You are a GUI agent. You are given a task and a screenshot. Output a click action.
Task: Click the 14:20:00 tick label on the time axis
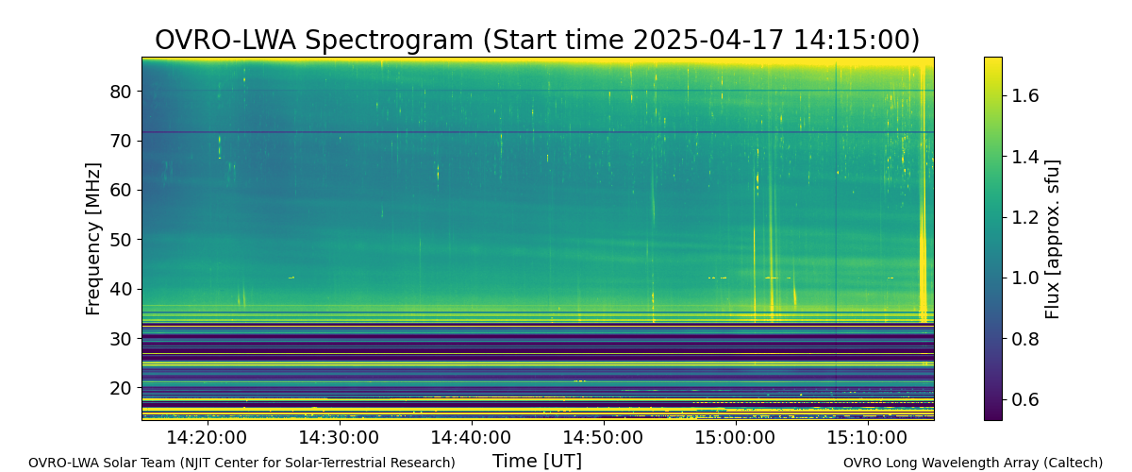point(207,438)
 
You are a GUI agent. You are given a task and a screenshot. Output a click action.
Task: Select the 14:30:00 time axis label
point(339,438)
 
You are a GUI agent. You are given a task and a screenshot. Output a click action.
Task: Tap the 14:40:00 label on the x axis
point(471,438)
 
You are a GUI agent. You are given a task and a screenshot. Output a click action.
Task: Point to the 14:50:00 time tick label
point(604,438)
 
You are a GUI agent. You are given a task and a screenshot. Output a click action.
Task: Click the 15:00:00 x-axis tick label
point(735,438)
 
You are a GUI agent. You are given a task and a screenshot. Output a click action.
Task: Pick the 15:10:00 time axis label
point(868,438)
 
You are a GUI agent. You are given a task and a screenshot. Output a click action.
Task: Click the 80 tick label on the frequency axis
point(121,92)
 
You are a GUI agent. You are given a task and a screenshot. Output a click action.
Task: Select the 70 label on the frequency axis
point(121,141)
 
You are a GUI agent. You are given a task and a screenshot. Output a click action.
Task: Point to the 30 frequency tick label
point(121,339)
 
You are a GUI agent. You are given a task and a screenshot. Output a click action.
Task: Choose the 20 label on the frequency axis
point(121,388)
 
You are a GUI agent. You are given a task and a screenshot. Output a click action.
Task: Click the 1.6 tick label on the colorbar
point(1024,95)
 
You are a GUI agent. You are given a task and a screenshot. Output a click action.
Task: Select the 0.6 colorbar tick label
point(1024,399)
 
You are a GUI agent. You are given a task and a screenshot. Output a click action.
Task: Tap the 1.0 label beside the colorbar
point(1024,278)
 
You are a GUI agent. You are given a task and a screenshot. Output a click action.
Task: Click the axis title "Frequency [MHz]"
point(93,239)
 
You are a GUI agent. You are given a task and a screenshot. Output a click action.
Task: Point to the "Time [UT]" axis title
point(537,461)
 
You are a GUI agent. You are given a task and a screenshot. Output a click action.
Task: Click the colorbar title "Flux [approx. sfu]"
point(1052,239)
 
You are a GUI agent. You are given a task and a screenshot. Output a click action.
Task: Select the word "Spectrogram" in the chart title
point(389,41)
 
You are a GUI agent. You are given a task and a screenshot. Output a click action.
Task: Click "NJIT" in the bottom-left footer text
point(196,463)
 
